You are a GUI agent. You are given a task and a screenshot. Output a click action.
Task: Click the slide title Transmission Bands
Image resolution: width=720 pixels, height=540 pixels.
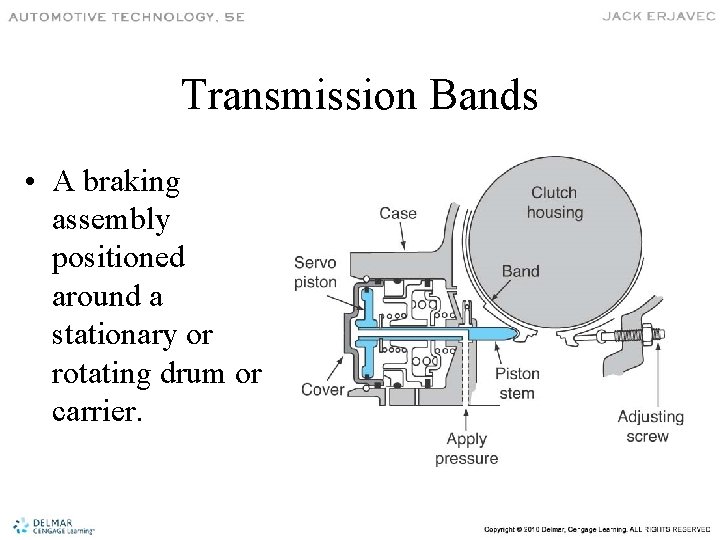(360, 96)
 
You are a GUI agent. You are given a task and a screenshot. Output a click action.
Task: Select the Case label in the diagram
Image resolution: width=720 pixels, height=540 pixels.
(398, 213)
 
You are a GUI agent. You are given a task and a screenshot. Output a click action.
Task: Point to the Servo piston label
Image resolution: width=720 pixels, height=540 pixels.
(315, 272)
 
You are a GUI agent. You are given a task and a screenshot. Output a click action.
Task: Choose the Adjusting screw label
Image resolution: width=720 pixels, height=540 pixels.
(650, 426)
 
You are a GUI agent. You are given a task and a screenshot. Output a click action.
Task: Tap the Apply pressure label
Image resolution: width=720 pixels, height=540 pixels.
(466, 449)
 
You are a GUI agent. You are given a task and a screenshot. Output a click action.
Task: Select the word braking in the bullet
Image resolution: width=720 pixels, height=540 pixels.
(132, 183)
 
